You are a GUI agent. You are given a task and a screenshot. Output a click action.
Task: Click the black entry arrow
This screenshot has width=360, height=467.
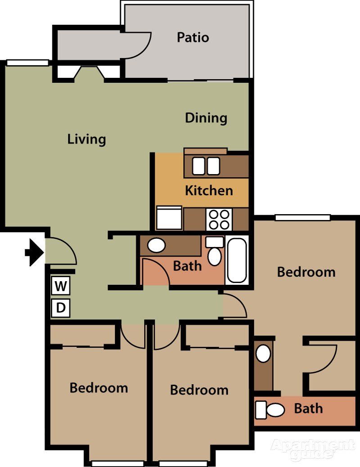[x=34, y=252]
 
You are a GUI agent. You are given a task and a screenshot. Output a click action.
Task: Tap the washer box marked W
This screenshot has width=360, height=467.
[x=61, y=286]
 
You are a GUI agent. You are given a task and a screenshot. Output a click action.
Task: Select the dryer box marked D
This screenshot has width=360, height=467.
[x=61, y=308]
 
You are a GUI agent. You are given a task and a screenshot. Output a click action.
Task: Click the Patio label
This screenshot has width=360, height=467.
[x=193, y=37]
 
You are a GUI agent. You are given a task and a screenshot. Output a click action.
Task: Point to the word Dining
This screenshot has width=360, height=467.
[x=206, y=118]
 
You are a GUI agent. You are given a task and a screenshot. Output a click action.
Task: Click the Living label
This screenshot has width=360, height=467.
[x=86, y=139]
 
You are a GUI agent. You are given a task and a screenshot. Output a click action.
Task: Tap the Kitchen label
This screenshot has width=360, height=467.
[x=209, y=190]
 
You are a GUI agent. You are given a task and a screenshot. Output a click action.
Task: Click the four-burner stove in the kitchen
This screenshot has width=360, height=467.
[x=219, y=220]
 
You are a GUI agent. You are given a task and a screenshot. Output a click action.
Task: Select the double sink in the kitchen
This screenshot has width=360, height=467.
[x=206, y=166]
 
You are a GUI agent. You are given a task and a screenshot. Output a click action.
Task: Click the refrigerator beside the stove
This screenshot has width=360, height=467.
[x=169, y=218]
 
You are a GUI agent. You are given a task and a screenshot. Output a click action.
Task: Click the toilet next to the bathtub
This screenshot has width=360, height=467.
[x=215, y=253]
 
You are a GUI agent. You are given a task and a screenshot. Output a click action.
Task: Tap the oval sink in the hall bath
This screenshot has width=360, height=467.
[x=157, y=246]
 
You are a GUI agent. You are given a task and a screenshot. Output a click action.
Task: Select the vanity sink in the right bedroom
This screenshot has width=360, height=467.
[x=263, y=354]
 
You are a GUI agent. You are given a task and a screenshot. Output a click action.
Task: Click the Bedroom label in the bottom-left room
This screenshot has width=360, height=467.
[x=99, y=388]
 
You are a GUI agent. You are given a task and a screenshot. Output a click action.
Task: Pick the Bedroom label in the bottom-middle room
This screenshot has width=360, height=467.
[x=199, y=390]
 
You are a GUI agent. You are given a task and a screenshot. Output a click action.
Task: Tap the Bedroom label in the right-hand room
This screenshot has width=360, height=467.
[x=306, y=272]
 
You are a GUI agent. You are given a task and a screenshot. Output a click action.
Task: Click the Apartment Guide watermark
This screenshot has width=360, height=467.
[x=312, y=450]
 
